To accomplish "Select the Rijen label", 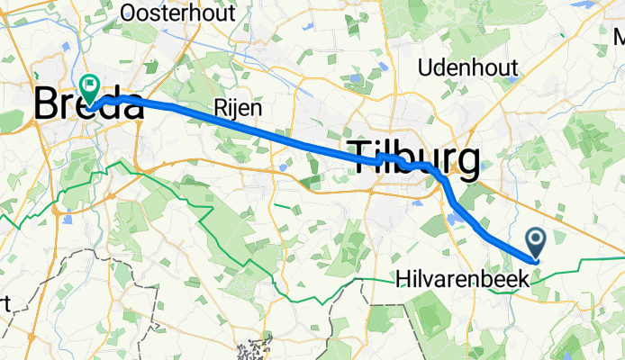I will tap(238, 107).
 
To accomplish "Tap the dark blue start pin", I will tap(536, 240).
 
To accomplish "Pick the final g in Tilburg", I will tap(466, 160).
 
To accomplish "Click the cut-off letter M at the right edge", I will tap(620, 38).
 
